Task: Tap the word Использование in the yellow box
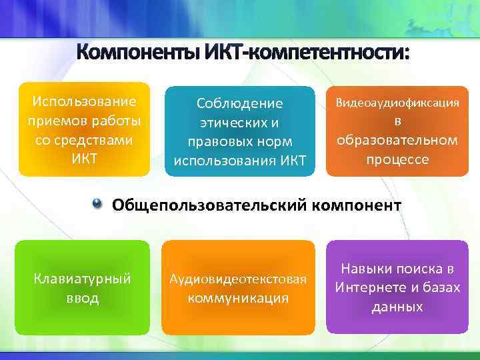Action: point(84,101)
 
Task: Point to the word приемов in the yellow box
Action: point(54,121)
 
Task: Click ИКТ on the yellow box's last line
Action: point(84,159)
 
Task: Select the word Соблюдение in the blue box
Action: point(239,103)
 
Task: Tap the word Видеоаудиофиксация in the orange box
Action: point(397,103)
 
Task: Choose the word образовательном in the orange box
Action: point(397,140)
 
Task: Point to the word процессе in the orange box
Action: point(397,159)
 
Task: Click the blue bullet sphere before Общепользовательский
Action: point(99,203)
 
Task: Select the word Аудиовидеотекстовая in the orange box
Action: point(238,279)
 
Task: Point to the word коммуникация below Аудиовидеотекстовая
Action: point(238,297)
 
